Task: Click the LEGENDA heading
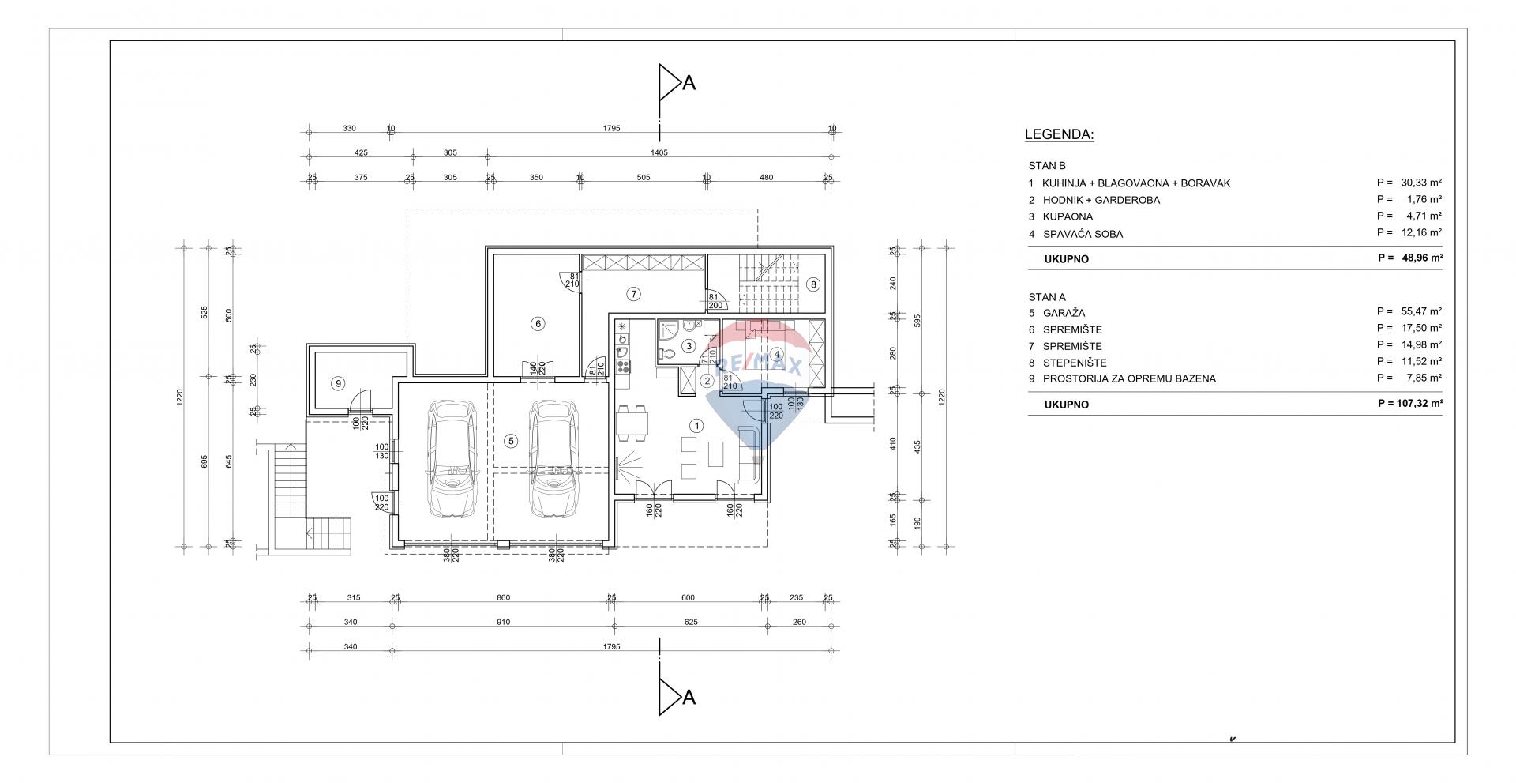pos(1059,134)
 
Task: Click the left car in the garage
pos(451,458)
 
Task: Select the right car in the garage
pos(553,458)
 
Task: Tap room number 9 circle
pos(338,383)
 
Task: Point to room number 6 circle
pos(537,323)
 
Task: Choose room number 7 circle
pos(632,294)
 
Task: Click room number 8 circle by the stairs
pos(813,284)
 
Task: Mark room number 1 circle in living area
pos(696,426)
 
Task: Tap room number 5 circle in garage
pos(512,441)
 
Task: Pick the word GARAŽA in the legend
pos(1064,313)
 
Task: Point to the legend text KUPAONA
pos(1068,216)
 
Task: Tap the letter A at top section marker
pos(689,82)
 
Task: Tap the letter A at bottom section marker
pos(689,697)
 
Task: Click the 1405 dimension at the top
pos(659,152)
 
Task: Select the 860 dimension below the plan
pos(503,597)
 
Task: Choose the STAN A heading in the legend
pos(1047,297)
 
